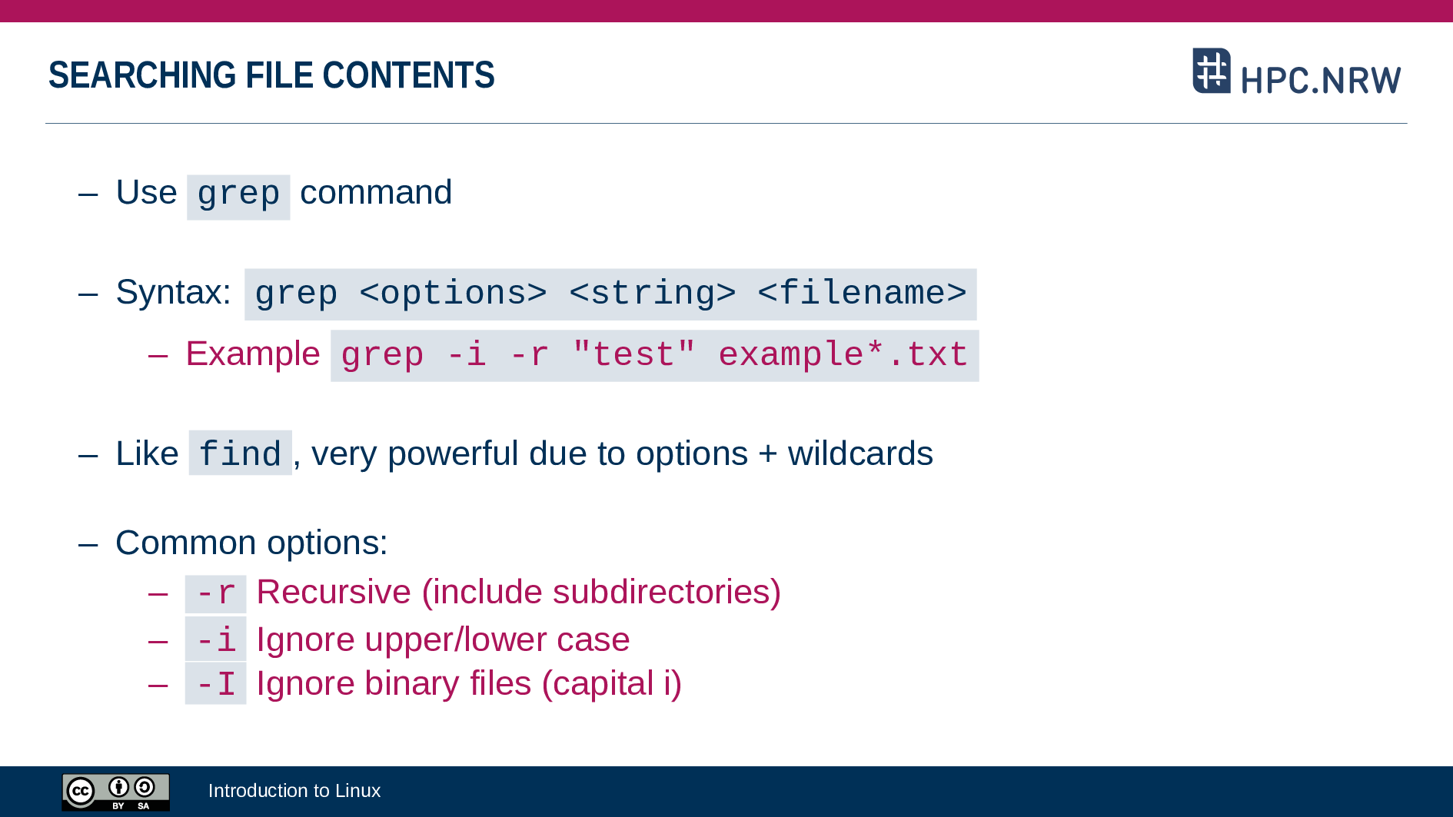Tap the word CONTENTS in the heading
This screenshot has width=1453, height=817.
(x=408, y=75)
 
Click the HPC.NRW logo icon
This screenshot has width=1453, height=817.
(x=1212, y=71)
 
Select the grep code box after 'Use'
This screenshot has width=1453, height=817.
(x=238, y=197)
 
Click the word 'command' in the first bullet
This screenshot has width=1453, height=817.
(x=376, y=192)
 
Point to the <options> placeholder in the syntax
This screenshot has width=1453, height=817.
(x=454, y=294)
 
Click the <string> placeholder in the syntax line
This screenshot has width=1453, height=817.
(x=653, y=294)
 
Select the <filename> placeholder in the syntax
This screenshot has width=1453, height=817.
(x=862, y=294)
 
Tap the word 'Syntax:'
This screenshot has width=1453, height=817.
(x=174, y=293)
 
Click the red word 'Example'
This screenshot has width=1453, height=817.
(x=253, y=354)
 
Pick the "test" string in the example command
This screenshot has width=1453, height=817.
(x=634, y=354)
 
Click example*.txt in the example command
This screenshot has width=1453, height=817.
(x=843, y=354)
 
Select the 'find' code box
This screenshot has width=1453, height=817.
(x=240, y=453)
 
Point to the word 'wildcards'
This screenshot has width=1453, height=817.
(x=860, y=453)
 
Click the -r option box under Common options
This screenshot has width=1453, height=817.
(x=216, y=594)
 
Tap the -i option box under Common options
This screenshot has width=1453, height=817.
(x=216, y=639)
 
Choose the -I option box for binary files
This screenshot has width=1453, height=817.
(x=216, y=683)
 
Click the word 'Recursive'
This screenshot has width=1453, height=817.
(x=334, y=592)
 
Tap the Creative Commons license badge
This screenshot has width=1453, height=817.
(x=116, y=792)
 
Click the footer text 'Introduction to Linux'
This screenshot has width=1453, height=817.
(x=294, y=791)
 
